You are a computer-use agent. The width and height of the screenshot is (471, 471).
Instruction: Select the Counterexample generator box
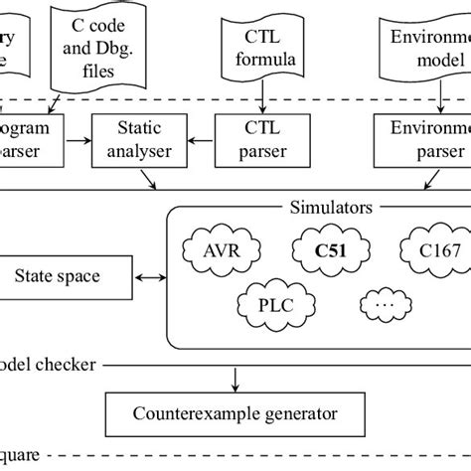click(235, 412)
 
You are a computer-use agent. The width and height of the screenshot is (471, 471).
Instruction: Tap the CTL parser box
click(261, 140)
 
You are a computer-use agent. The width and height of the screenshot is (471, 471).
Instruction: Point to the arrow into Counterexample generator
click(235, 379)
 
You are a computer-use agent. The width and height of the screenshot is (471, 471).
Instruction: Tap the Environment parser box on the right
click(422, 140)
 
